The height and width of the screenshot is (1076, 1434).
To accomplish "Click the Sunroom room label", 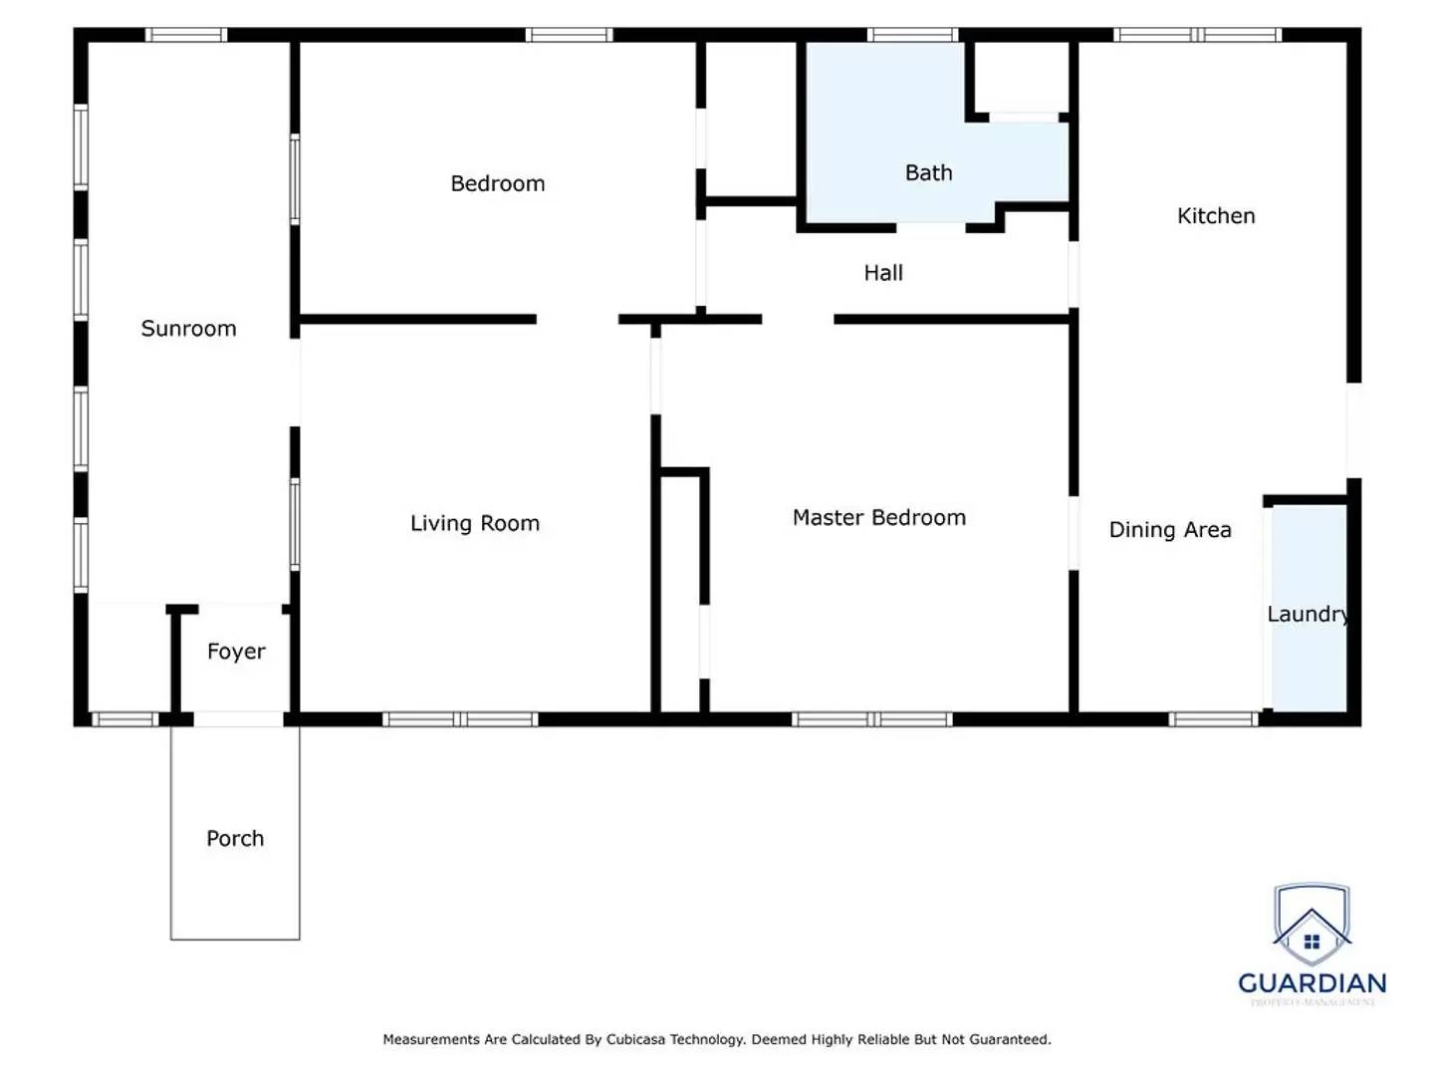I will (x=188, y=329).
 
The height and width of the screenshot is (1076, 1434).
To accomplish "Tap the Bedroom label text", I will (x=497, y=183).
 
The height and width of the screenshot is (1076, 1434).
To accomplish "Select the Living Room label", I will (x=474, y=523).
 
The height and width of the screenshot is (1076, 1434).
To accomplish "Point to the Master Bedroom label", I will (x=878, y=517).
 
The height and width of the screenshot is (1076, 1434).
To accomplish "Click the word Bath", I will (x=928, y=172).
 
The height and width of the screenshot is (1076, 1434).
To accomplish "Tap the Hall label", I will (x=882, y=273).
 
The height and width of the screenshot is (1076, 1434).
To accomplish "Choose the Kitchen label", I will (x=1215, y=216).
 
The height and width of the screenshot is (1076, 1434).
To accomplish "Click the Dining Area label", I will (x=1169, y=530).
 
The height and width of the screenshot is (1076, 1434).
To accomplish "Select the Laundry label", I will (x=1308, y=614).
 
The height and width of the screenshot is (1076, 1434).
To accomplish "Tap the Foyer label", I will (x=236, y=652).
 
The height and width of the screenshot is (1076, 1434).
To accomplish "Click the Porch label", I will (x=235, y=838).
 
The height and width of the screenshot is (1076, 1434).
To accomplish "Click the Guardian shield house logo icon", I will (x=1312, y=926).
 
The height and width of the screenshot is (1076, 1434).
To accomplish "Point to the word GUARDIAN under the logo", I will (x=1312, y=983).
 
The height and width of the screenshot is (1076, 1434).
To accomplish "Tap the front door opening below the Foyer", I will (x=238, y=719).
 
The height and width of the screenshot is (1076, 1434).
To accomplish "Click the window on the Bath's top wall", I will (x=912, y=35).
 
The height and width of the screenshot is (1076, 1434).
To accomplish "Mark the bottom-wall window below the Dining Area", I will (x=1213, y=719).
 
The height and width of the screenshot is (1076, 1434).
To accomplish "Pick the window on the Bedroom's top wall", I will (x=569, y=35).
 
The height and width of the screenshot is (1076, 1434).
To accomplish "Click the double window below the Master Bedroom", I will (x=872, y=719).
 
